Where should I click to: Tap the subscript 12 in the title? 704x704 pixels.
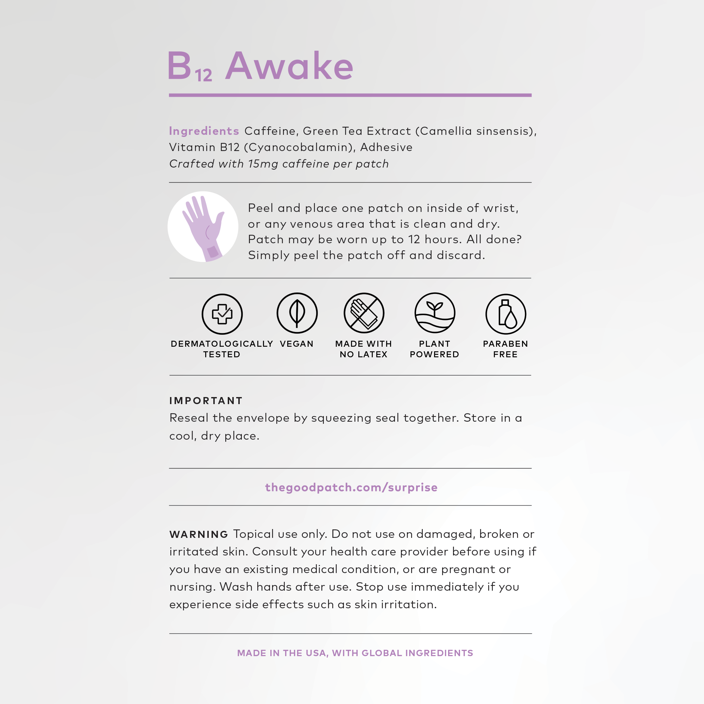[203, 75]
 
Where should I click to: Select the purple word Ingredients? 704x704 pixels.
[204, 131]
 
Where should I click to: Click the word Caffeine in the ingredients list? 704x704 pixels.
[270, 131]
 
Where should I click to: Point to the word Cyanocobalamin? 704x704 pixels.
[300, 147]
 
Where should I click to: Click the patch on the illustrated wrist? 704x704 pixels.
[213, 252]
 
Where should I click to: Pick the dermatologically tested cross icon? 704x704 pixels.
[222, 314]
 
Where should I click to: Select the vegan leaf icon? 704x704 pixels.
[297, 313]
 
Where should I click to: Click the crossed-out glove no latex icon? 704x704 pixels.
[364, 313]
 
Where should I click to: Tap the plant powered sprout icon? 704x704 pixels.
[435, 313]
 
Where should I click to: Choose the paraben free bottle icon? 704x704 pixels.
[505, 314]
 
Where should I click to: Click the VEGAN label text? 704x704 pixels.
[297, 344]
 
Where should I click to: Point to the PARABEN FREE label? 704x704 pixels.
[505, 349]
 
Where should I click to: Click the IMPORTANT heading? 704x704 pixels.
[206, 401]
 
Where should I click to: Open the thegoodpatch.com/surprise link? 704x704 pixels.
[351, 488]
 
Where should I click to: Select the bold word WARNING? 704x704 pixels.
[199, 535]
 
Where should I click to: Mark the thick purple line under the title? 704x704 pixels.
[350, 95]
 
